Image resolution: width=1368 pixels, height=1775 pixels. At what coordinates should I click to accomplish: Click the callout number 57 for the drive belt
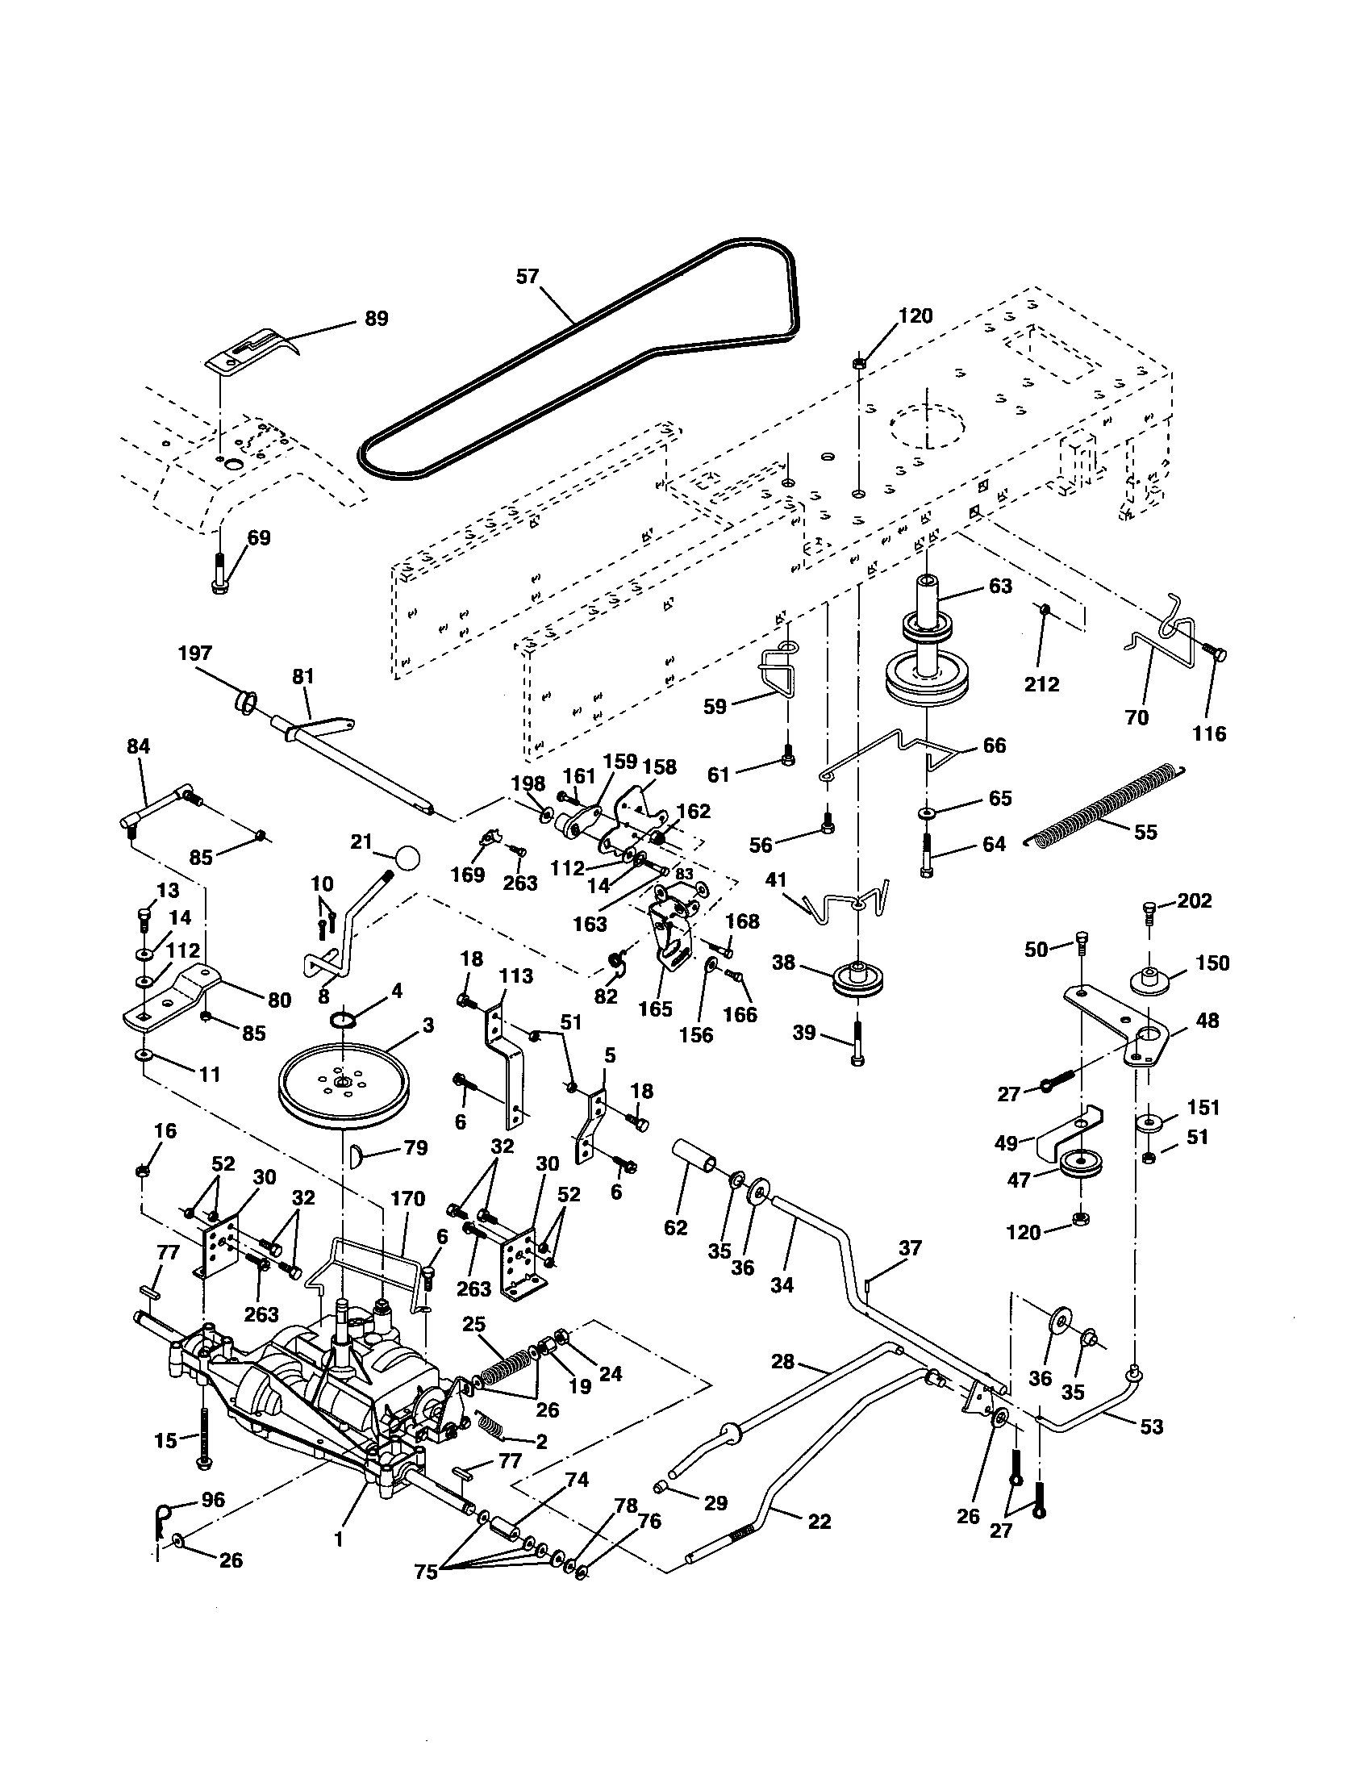[x=528, y=277]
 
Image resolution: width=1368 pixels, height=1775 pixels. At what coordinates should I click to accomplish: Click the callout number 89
[x=375, y=319]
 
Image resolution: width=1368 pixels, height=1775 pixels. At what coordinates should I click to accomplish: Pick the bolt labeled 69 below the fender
[x=220, y=574]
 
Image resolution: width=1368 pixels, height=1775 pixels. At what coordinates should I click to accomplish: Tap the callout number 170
[x=408, y=1197]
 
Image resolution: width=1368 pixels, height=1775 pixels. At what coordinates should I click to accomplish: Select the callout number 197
[x=194, y=654]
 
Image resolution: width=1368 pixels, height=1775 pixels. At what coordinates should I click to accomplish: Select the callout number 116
[x=1209, y=733]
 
